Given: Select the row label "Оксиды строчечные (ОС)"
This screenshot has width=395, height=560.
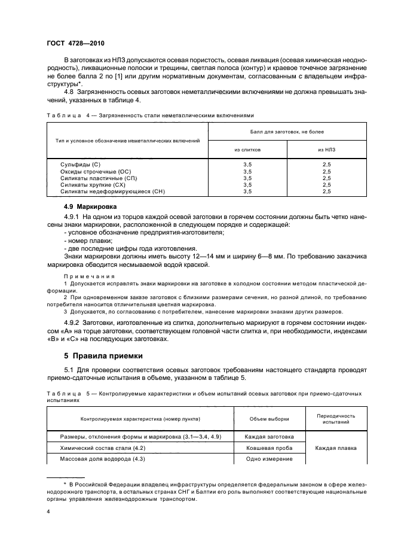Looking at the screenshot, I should pos(96,171).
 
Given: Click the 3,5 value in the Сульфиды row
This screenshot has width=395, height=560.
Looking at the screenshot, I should pos(247,163).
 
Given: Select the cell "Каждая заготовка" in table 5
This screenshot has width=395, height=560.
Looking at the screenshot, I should pos(268,436).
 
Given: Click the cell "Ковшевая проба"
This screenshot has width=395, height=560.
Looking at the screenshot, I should pos(268,448).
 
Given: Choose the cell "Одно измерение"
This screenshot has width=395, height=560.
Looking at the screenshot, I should pos(268,458).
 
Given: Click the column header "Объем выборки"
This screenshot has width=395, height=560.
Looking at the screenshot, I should pos(268,419).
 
